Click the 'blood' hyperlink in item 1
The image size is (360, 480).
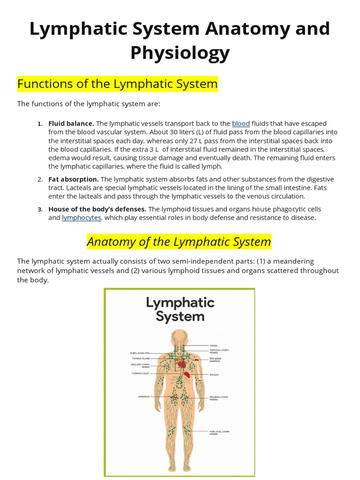[240, 124]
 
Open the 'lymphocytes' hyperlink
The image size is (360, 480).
[81, 217]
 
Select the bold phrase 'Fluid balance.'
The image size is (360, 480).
[71, 124]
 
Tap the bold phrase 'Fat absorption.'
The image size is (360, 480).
[74, 179]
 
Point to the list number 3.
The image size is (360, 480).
[40, 209]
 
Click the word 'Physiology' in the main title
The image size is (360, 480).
[180, 53]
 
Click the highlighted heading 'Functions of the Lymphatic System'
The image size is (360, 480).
[118, 84]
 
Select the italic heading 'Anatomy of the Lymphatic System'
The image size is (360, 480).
[179, 242]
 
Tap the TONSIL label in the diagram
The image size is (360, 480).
[214, 345]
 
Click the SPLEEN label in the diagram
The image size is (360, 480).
[214, 375]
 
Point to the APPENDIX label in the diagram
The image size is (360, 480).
[143, 397]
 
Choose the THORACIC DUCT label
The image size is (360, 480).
[140, 374]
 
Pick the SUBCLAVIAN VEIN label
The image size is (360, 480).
[140, 353]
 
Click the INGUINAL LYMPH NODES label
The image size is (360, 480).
[219, 398]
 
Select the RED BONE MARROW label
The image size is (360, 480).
[216, 360]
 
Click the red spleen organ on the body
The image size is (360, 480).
[187, 375]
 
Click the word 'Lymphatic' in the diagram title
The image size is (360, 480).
[180, 303]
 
